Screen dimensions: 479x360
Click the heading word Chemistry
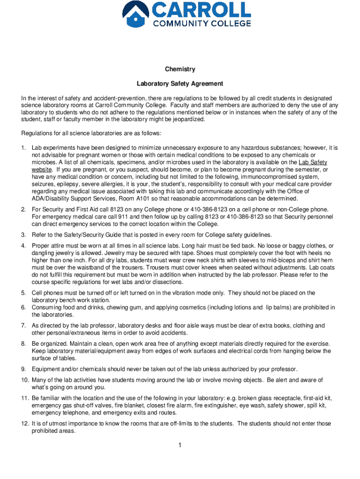[x=180, y=69]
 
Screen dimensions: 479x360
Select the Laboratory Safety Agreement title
[x=180, y=84]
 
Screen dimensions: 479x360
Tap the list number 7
[x=23, y=326]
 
